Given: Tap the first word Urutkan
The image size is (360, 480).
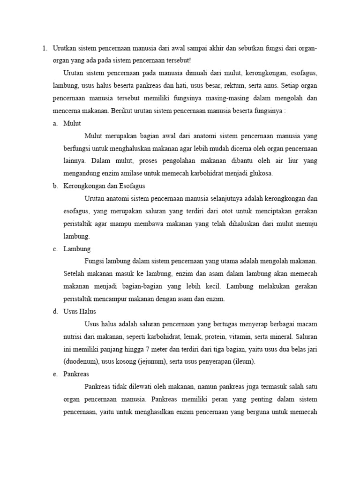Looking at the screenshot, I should (65, 48).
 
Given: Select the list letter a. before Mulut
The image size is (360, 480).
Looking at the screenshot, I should (55, 123).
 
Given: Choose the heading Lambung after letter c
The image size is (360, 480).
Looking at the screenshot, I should (77, 249).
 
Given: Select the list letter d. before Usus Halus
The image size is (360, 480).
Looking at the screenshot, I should (55, 312).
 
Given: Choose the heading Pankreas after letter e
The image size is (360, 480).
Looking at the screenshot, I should (76, 375).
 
